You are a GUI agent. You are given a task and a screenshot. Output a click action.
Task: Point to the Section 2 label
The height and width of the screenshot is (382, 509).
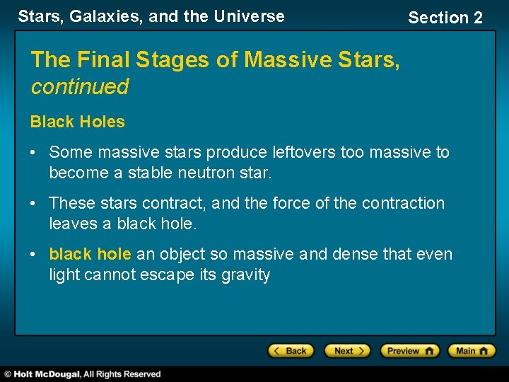(445, 18)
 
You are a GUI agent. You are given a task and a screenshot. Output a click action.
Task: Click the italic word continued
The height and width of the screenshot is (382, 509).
(80, 87)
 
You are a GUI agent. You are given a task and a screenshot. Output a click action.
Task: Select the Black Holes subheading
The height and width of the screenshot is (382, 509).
(78, 122)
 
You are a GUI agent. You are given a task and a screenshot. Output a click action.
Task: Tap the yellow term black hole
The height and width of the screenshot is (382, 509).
(90, 254)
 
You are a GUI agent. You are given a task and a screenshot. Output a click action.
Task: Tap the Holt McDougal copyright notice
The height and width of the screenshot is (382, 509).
(83, 374)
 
